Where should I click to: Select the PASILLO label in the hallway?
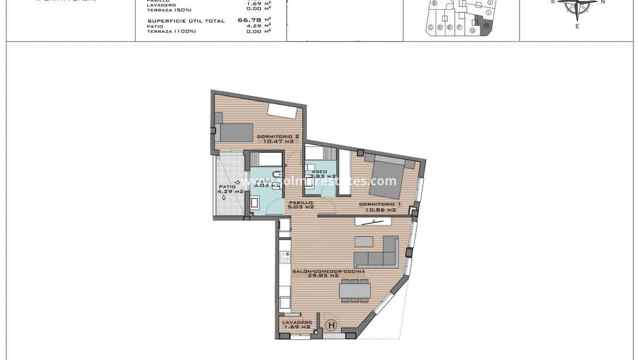pos(301,203)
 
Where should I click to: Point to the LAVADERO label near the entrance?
pos(297,322)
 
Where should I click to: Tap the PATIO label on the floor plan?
pos(227,186)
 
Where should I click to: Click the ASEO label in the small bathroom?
pos(319,171)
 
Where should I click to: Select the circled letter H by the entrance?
pos(331,325)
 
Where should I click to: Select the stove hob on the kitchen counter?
pos(284,257)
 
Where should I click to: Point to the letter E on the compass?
pos(577,26)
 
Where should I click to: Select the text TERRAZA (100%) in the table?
pos(171,31)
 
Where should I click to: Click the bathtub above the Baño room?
pos(267,159)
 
